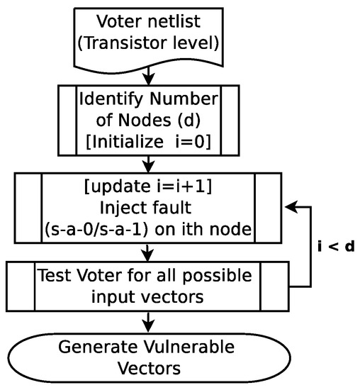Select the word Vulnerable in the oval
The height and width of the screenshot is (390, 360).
[201, 348]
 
